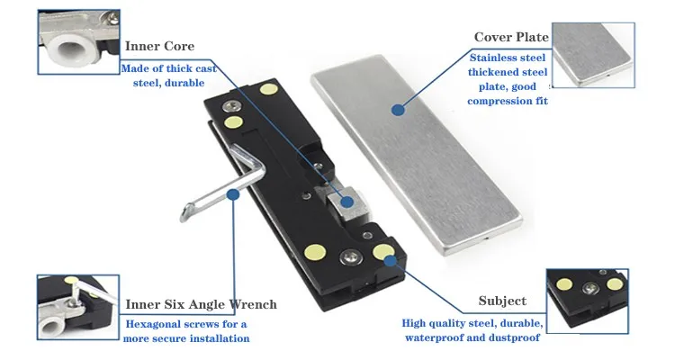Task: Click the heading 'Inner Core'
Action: pyautogui.click(x=159, y=46)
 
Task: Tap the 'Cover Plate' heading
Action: pyautogui.click(x=511, y=37)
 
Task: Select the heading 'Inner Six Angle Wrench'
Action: pyautogui.click(x=201, y=304)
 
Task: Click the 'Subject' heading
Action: pyautogui.click(x=502, y=301)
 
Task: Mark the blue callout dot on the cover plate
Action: pyautogui.click(x=396, y=109)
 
